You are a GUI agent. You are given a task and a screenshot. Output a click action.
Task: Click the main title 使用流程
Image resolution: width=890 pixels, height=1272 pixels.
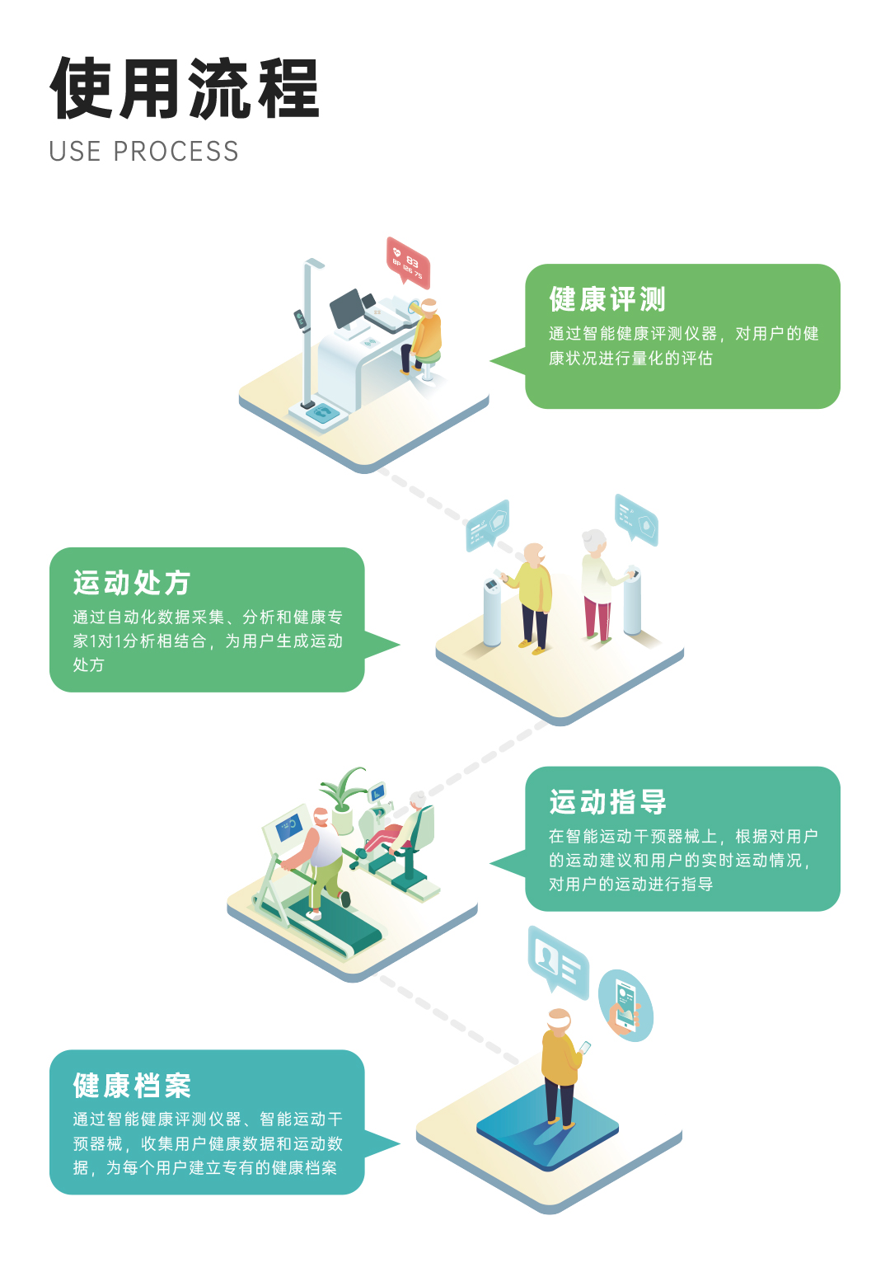[185, 88]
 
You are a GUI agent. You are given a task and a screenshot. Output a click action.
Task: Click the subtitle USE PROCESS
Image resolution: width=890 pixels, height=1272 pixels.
[143, 152]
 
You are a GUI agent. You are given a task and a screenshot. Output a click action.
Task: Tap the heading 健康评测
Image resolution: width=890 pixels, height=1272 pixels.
[607, 299]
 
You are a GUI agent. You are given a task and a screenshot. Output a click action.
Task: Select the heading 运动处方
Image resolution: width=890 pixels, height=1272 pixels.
[131, 583]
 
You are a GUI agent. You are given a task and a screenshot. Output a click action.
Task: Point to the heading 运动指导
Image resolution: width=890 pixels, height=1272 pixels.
[607, 802]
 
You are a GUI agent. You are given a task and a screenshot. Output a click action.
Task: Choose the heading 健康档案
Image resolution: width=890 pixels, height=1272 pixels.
[132, 1085]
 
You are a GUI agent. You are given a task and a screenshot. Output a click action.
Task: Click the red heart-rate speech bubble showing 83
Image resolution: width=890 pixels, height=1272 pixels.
[408, 262]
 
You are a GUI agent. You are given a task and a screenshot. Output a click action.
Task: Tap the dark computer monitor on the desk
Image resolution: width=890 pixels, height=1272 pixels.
[348, 308]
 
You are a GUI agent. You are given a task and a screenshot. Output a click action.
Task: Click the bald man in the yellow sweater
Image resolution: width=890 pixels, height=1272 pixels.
[532, 597]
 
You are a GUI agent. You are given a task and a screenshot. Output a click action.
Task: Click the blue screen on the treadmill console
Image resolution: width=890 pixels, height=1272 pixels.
[289, 826]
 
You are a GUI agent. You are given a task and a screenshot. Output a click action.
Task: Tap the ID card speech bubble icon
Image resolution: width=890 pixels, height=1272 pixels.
[558, 960]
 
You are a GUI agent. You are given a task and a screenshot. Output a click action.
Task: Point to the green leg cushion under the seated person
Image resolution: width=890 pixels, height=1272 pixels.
[427, 358]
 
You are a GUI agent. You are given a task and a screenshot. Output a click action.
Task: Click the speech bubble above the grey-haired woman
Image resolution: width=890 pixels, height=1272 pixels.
[635, 519]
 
